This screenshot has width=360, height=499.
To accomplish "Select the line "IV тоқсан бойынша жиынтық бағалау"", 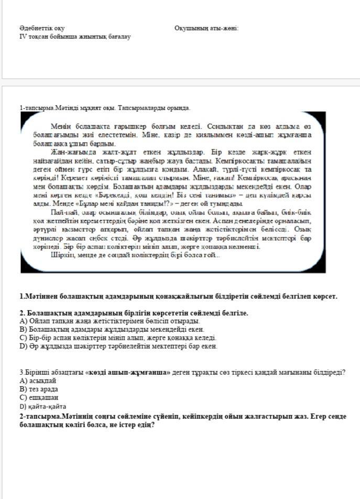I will [x=74, y=37].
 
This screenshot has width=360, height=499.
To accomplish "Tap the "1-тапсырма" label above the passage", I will [x=37, y=108].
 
